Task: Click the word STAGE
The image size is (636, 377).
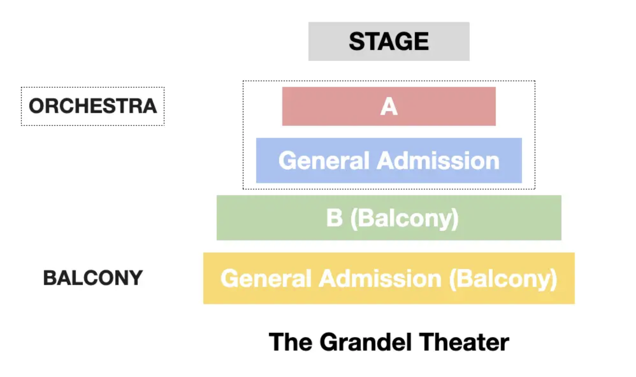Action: [389, 41]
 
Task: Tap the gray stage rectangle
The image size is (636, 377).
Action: [389, 41]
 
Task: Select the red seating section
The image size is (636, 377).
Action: [389, 106]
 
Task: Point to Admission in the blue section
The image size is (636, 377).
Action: [438, 160]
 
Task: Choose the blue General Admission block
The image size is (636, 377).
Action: [389, 160]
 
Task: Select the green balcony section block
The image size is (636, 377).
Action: [389, 218]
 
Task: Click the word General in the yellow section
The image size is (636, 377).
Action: [266, 279]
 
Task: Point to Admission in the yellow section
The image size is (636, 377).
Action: [380, 279]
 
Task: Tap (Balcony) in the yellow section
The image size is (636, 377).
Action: [503, 279]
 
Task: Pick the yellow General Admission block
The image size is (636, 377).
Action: [389, 278]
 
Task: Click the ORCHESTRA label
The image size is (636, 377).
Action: [93, 106]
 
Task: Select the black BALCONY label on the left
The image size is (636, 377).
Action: [93, 278]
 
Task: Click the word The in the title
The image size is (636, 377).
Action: [290, 342]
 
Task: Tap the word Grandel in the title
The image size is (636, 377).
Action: [365, 342]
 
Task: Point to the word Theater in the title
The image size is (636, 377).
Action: [464, 342]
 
